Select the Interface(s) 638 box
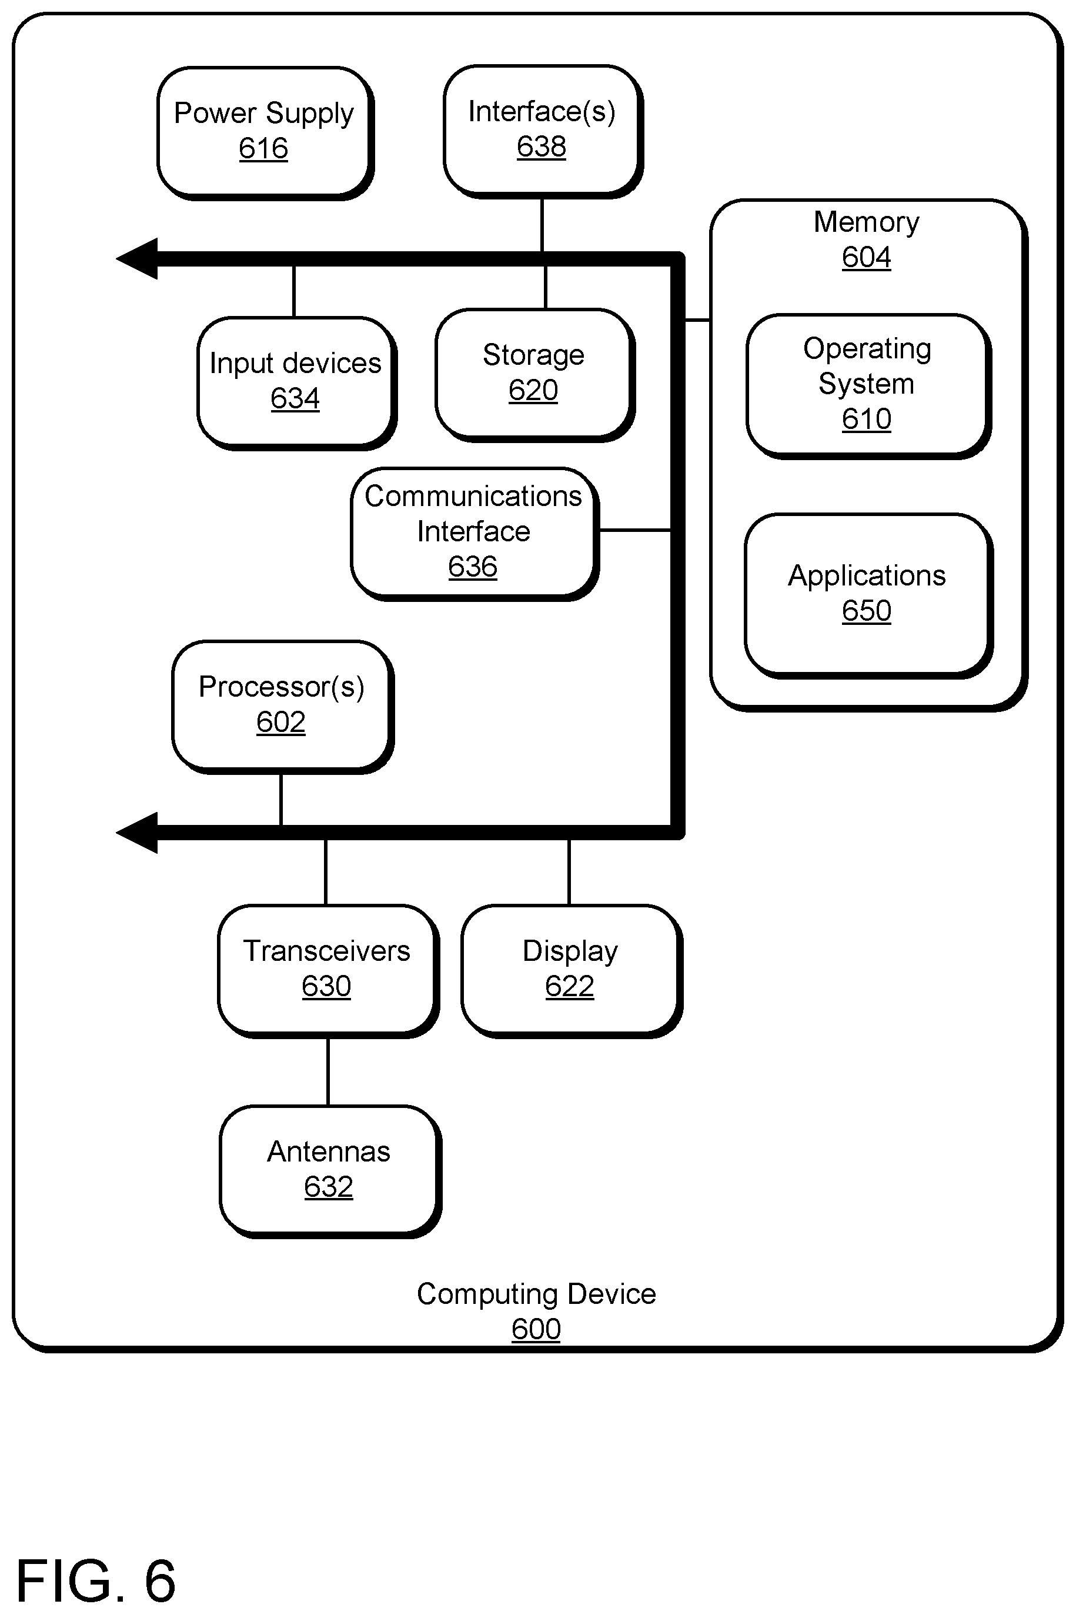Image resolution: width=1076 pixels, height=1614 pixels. click(543, 132)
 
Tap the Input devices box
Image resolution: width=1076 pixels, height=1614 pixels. click(297, 383)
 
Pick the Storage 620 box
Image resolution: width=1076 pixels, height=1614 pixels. click(535, 375)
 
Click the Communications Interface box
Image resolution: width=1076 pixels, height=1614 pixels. click(475, 534)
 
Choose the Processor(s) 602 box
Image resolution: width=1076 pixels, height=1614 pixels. click(283, 707)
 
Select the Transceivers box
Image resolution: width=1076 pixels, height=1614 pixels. click(329, 971)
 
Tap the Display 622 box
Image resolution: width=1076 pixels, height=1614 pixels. click(572, 971)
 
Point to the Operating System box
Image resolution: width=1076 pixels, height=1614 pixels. click(869, 387)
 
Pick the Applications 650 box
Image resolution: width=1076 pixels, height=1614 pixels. click(869, 596)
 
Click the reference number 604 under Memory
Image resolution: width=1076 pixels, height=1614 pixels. click(866, 258)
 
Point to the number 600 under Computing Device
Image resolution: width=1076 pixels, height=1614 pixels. click(536, 1329)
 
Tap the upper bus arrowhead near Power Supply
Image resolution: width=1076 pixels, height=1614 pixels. click(137, 259)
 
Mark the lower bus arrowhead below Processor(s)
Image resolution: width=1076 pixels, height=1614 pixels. click(137, 833)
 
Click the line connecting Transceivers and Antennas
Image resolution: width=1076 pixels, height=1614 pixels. click(328, 1071)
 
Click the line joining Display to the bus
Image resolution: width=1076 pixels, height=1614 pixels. click(569, 873)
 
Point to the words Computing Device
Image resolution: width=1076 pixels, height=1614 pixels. click(536, 1294)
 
